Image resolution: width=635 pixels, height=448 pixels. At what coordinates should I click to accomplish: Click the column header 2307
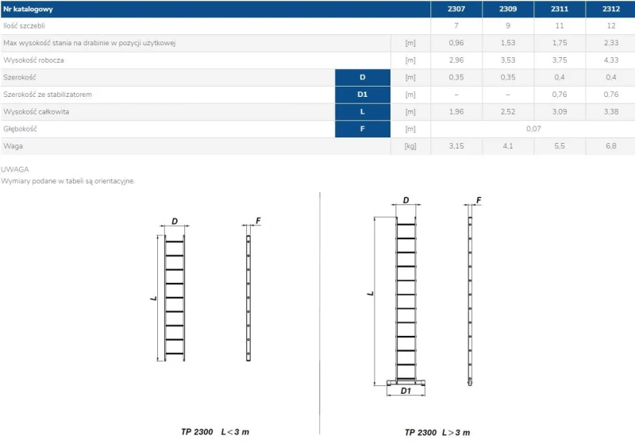456,9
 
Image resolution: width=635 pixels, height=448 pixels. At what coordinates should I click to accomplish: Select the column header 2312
610,9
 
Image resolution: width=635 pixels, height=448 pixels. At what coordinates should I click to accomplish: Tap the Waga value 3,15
456,146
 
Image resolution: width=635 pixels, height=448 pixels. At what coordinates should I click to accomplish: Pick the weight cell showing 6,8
610,146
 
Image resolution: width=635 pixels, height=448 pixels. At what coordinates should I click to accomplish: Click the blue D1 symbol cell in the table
363,95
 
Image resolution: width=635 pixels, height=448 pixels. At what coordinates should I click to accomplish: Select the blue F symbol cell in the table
363,129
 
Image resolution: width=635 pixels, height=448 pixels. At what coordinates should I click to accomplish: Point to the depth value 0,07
533,129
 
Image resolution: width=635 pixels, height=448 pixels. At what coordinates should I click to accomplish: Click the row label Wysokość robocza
33,60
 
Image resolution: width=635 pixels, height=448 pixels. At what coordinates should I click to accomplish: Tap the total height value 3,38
610,111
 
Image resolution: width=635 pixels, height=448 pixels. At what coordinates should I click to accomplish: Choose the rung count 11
560,25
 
